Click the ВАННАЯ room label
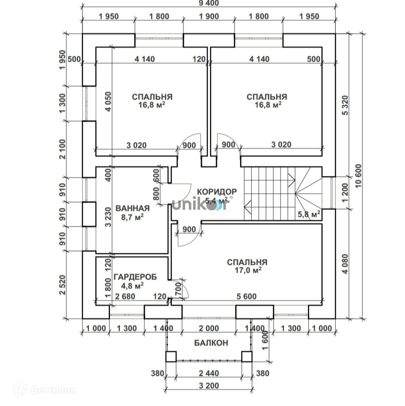click(132, 208)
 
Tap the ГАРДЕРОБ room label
click(135, 277)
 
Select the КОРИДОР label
click(217, 192)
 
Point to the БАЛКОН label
click(211, 343)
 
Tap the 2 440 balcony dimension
click(209, 373)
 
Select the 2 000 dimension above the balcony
click(208, 328)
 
